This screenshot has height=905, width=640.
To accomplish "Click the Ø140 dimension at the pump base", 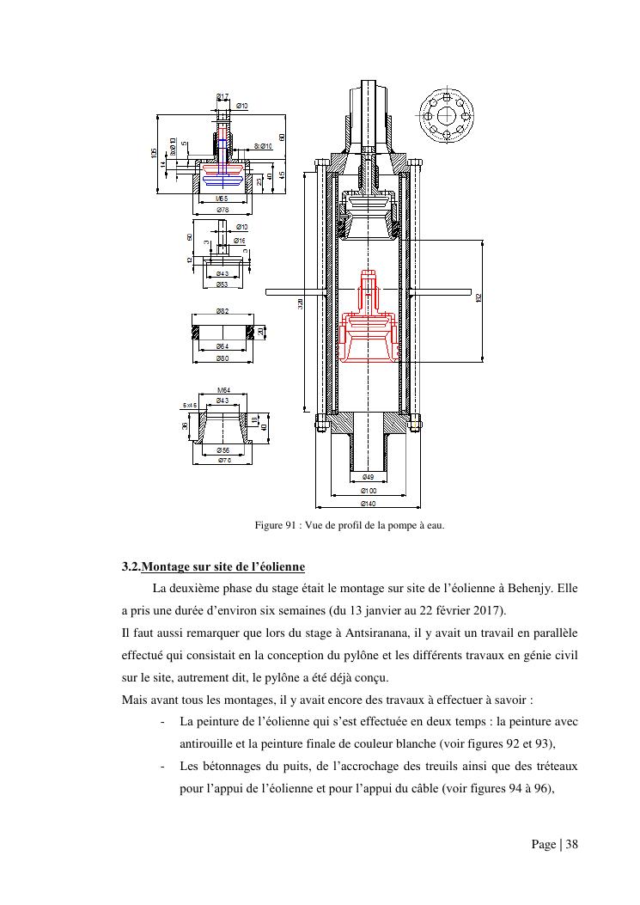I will pyautogui.click(x=368, y=503).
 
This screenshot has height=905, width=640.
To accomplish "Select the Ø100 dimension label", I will pyautogui.click(x=368, y=490).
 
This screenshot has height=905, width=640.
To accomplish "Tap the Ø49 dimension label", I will pyautogui.click(x=368, y=476).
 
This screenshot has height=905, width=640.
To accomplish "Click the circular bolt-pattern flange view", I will pyautogui.click(x=447, y=116).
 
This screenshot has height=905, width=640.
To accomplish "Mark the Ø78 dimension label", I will pyautogui.click(x=222, y=210).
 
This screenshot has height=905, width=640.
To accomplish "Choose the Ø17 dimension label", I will pyautogui.click(x=222, y=95).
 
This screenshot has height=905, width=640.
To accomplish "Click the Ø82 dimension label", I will pyautogui.click(x=222, y=311).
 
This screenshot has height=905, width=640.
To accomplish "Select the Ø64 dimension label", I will pyautogui.click(x=222, y=345).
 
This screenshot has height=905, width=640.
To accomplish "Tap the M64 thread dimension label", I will pyautogui.click(x=222, y=391).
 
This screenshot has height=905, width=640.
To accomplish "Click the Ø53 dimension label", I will pyautogui.click(x=222, y=284).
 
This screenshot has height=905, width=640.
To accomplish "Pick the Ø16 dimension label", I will pyautogui.click(x=241, y=241).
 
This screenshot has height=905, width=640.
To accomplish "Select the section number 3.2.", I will pyautogui.click(x=131, y=567).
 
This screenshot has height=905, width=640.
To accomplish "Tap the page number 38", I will pyautogui.click(x=570, y=845).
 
